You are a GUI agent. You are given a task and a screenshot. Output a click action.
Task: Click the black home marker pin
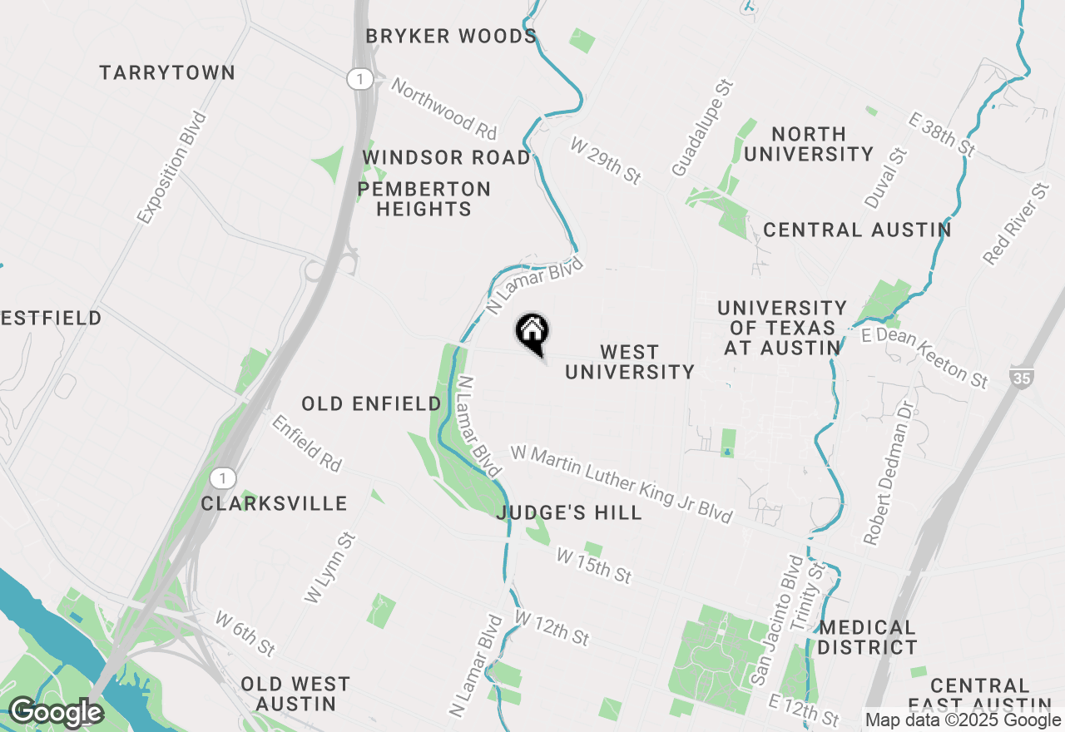click(532, 333)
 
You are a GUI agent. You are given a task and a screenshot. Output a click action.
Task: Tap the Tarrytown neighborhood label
click(167, 73)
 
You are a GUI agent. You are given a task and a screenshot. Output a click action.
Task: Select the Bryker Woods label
click(452, 37)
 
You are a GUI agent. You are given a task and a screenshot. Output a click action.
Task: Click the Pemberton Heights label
click(424, 200)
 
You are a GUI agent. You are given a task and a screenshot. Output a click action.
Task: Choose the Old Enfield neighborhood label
click(371, 404)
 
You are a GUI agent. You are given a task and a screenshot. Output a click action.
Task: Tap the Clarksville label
click(274, 504)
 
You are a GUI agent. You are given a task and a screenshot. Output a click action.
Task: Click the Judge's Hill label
click(569, 513)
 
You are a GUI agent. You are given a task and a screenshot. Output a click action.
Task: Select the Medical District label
click(867, 637)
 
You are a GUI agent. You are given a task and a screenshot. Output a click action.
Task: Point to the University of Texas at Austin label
click(782, 329)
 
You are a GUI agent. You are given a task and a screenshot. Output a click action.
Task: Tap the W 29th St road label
click(607, 161)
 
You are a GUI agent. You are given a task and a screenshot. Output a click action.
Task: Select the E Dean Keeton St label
click(924, 358)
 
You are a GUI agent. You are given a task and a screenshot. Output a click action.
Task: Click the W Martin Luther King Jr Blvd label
click(622, 485)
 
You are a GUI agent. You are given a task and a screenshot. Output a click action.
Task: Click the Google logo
click(56, 713)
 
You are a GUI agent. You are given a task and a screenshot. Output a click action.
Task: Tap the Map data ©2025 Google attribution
click(963, 720)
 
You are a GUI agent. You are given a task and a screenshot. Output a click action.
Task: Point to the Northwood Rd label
click(444, 109)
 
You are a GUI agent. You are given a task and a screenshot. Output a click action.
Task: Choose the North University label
click(809, 144)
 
